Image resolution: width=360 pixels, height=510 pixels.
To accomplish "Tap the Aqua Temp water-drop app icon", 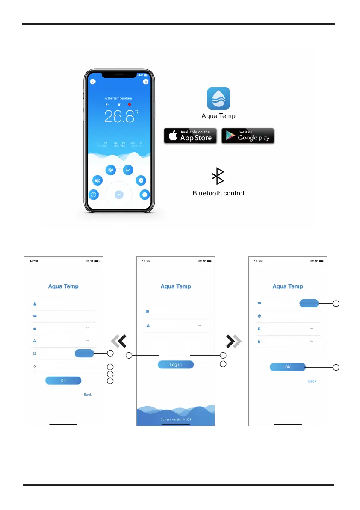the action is click(218, 99).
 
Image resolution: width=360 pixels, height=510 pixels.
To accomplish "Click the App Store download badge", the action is click(190, 136).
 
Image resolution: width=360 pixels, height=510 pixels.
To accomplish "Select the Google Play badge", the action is click(248, 136).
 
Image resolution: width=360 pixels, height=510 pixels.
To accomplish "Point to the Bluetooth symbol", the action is click(218, 177).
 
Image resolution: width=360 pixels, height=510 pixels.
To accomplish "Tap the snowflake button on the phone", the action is click(110, 170).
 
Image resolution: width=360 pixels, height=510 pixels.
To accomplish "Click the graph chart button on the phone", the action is click(128, 170).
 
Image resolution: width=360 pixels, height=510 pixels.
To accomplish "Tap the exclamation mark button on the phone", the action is click(145, 195).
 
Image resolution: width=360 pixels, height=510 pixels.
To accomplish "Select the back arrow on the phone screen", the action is click(93, 82).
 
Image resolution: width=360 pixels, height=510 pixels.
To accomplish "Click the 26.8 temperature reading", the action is click(120, 116).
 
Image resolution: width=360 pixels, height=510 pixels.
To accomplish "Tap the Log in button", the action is click(176, 365).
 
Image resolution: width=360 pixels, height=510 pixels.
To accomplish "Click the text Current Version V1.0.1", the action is click(176, 419).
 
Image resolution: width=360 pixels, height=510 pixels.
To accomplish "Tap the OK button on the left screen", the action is click(63, 380).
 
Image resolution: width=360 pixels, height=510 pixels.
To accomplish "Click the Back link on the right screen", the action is click(312, 381).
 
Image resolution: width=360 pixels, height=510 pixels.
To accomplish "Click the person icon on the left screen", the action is click(35, 304).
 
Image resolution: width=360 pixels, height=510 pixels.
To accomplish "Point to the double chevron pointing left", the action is click(118, 341).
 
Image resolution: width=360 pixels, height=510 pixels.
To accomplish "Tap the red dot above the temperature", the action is click(130, 104).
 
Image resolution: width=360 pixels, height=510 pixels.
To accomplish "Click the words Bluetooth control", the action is click(218, 193).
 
